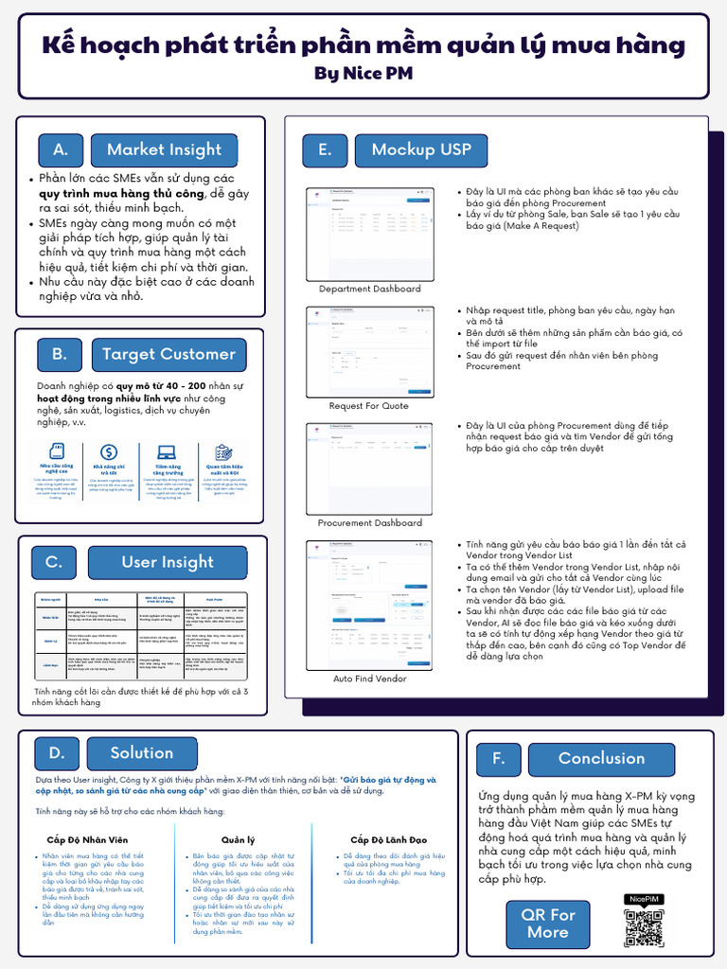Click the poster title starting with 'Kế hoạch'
[x=363, y=44]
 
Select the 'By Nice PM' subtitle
[x=363, y=73]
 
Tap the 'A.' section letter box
[x=61, y=150]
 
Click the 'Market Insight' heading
[x=164, y=150]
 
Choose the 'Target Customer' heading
[x=168, y=354]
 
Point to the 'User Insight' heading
[x=167, y=562]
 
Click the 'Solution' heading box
[x=141, y=753]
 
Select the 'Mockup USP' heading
[x=420, y=150]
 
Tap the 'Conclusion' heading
[x=601, y=758]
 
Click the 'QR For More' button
[x=548, y=924]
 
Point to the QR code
[x=643, y=927]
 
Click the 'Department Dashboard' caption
[x=369, y=289]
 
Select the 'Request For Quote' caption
[x=369, y=406]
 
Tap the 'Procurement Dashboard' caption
[x=369, y=522]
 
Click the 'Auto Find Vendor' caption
[x=369, y=678]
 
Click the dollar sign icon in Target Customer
[x=109, y=452]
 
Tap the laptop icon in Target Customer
[x=167, y=452]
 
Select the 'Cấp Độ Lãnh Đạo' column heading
[x=388, y=839]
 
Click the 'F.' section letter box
[x=498, y=758]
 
